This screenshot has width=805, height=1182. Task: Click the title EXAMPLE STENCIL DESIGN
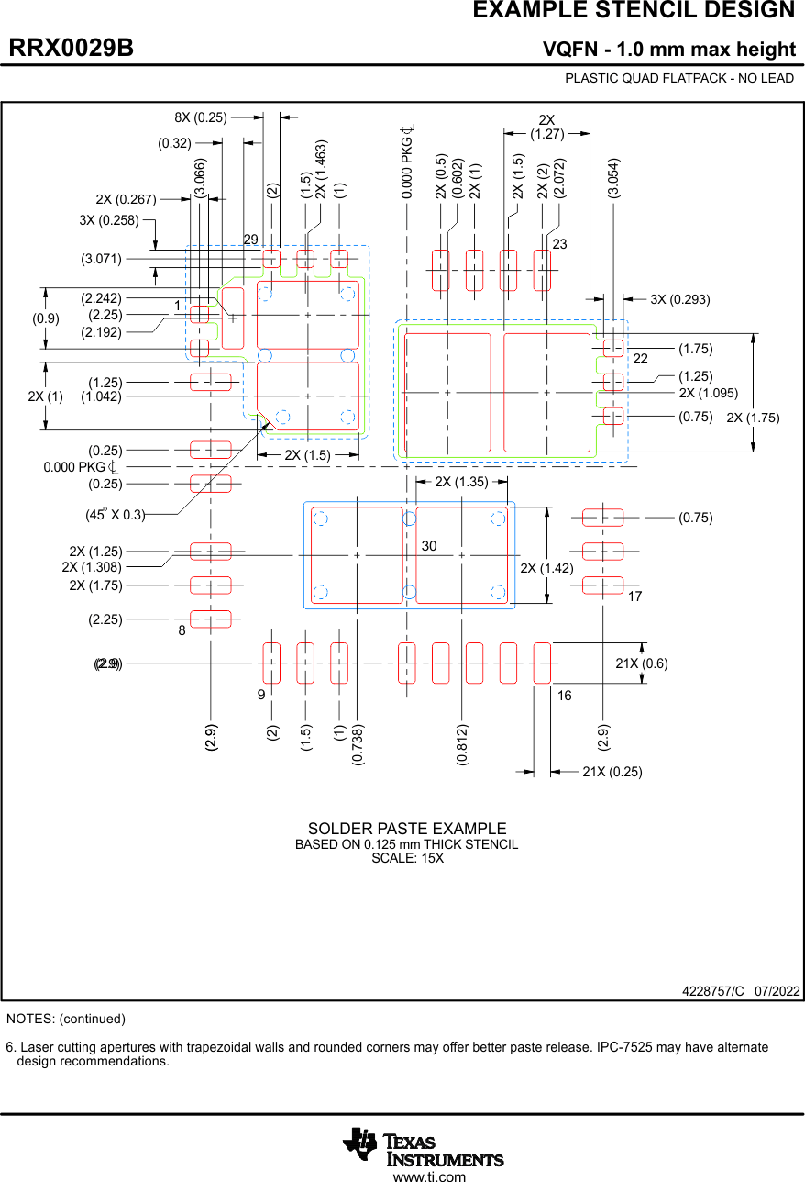634,11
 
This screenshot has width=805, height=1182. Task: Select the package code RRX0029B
72,49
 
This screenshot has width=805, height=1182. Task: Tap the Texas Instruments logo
424,1146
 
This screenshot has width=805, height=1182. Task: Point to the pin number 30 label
429,546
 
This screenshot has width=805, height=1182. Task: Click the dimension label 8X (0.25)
201,117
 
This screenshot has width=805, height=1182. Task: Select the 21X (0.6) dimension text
642,663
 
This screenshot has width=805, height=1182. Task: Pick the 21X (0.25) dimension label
612,772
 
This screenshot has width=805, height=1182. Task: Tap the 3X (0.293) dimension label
680,299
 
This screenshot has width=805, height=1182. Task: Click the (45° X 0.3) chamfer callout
116,515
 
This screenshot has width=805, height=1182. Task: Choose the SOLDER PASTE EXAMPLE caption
407,829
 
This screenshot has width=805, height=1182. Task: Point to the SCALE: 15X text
407,858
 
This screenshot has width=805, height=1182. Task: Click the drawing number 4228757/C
713,991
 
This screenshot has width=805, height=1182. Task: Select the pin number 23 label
559,244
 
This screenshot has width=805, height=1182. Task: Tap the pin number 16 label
564,696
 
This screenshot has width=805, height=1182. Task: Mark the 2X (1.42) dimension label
546,568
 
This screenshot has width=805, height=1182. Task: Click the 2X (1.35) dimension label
461,482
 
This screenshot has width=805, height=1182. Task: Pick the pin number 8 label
182,630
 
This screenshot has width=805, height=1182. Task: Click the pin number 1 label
177,304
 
